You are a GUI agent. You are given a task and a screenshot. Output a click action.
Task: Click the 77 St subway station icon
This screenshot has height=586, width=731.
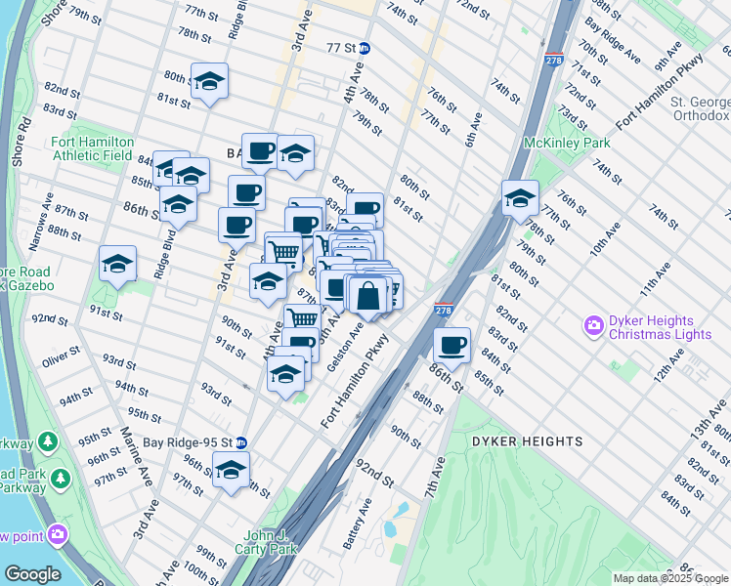pyautogui.click(x=365, y=47)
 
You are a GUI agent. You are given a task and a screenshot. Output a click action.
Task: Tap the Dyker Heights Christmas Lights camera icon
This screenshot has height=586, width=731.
pyautogui.click(x=592, y=324)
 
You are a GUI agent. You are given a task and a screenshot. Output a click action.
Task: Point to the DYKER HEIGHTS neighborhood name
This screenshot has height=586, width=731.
pyautogui.click(x=528, y=441)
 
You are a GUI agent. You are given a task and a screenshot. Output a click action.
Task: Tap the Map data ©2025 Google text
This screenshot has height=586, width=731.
pyautogui.click(x=670, y=578)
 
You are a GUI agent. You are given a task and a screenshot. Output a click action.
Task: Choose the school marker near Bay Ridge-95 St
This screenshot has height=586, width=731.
pyautogui.click(x=231, y=471)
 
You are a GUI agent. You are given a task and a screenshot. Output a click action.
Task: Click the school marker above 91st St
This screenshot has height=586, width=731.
pyautogui.click(x=117, y=264)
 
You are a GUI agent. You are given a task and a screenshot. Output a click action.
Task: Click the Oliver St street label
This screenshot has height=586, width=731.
pyautogui.click(x=60, y=361)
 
